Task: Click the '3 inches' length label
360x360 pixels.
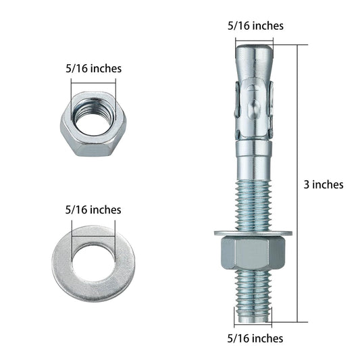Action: coord(324,184)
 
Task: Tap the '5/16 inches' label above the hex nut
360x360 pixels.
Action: coord(93,69)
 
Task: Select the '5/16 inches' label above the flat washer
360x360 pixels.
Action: coord(93,210)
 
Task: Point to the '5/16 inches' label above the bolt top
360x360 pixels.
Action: coord(255,26)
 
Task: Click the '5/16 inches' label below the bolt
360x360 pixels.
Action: coord(255,338)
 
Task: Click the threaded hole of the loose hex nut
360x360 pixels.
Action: coord(93,117)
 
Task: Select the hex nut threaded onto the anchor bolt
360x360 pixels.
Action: coord(253,253)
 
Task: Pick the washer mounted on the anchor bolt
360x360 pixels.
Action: coord(253,234)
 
